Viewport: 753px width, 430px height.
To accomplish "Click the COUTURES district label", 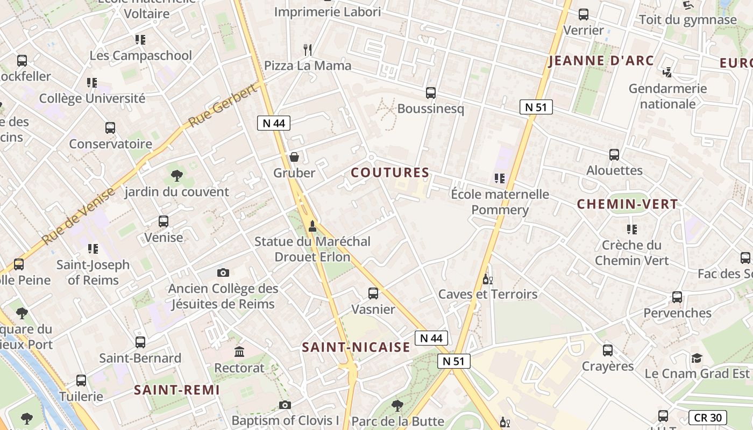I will (390, 173).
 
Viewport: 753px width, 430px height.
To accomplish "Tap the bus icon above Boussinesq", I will (430, 93).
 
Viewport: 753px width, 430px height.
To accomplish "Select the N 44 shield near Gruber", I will (274, 123).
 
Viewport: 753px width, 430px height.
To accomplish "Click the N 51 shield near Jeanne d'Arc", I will (536, 107).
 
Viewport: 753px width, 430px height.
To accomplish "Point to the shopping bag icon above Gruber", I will (294, 157).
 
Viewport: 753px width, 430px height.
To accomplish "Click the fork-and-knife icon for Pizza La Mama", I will (308, 50).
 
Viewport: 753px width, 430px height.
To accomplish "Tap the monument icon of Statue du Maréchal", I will (312, 226).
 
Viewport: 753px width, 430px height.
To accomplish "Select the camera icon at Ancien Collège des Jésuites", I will (223, 273).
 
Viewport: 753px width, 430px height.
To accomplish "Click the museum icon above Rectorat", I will (239, 352).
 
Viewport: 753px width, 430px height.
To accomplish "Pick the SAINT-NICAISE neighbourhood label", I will (356, 347).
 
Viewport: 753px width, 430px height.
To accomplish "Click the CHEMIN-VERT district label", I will (627, 204).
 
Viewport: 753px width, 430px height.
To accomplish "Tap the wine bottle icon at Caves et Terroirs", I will (488, 279).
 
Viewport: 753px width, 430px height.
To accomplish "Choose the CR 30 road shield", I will (707, 418).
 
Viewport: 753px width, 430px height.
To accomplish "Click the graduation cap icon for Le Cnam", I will (697, 358).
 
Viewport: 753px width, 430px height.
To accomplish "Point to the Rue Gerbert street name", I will (223, 107).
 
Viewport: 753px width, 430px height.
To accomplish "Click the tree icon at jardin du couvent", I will (176, 176).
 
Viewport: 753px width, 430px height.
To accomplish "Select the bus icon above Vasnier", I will (373, 293).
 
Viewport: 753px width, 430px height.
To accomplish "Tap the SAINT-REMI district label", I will (177, 390).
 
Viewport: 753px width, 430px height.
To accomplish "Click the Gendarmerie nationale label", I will (667, 96).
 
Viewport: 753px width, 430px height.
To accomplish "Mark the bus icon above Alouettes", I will (614, 155).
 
